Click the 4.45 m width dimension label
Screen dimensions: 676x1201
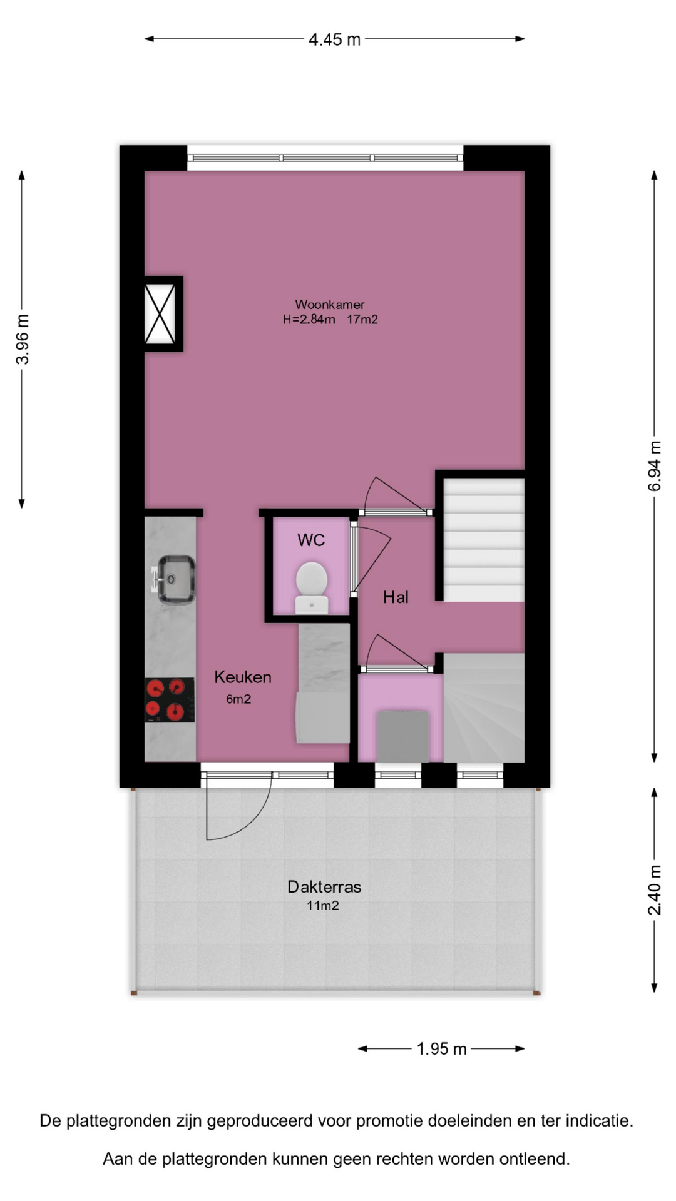335,39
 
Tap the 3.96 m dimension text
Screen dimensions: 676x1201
23,339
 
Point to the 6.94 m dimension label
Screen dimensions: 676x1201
655,466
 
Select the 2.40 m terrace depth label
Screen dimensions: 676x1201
655,889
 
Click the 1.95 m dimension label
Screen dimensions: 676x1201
442,1049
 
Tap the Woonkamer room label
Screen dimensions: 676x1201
330,305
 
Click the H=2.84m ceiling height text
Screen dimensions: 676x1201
309,320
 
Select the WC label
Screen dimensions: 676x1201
311,540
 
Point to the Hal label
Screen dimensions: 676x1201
396,597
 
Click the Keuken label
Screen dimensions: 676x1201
243,677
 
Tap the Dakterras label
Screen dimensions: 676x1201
324,886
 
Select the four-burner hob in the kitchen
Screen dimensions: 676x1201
170,700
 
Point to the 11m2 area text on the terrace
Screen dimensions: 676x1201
323,905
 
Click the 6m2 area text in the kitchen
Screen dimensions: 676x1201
238,699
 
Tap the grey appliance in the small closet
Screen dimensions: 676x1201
402,736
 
